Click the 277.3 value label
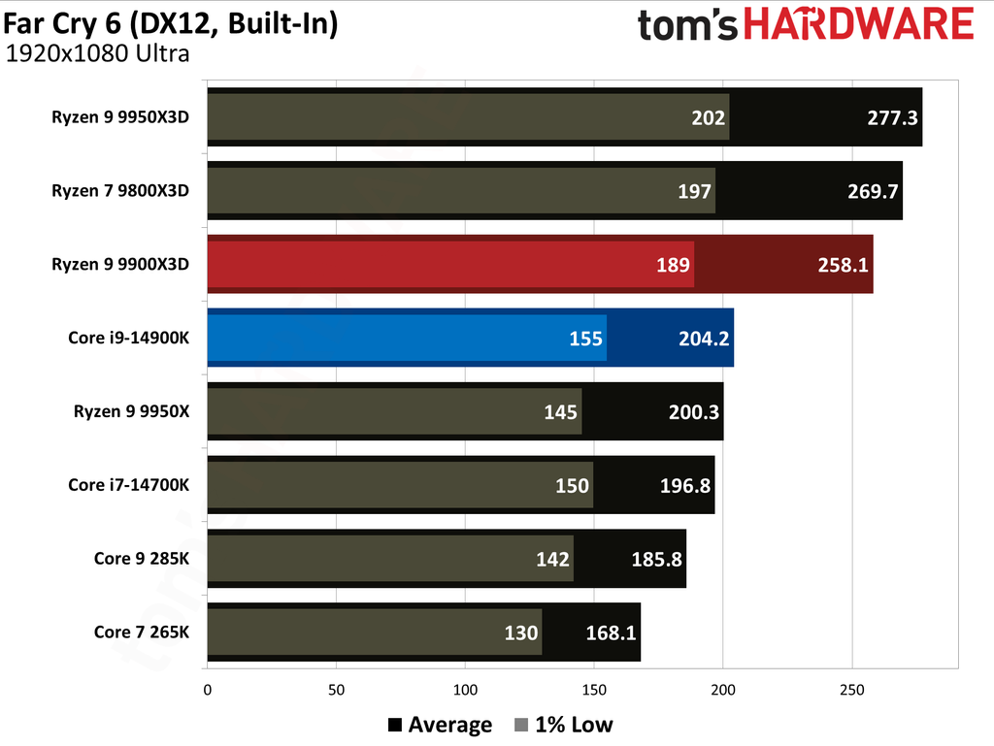[891, 117]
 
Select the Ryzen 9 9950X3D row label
[120, 116]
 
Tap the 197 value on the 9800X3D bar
[695, 191]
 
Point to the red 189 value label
[674, 265]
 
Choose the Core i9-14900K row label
[128, 338]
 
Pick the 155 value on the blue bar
[586, 339]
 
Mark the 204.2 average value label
[702, 339]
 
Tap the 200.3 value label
[692, 412]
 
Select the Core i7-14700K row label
[128, 485]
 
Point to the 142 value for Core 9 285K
[553, 560]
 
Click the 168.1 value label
[611, 633]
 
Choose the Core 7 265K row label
[142, 632]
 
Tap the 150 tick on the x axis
[594, 691]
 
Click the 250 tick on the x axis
[851, 691]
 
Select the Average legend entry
[439, 725]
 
